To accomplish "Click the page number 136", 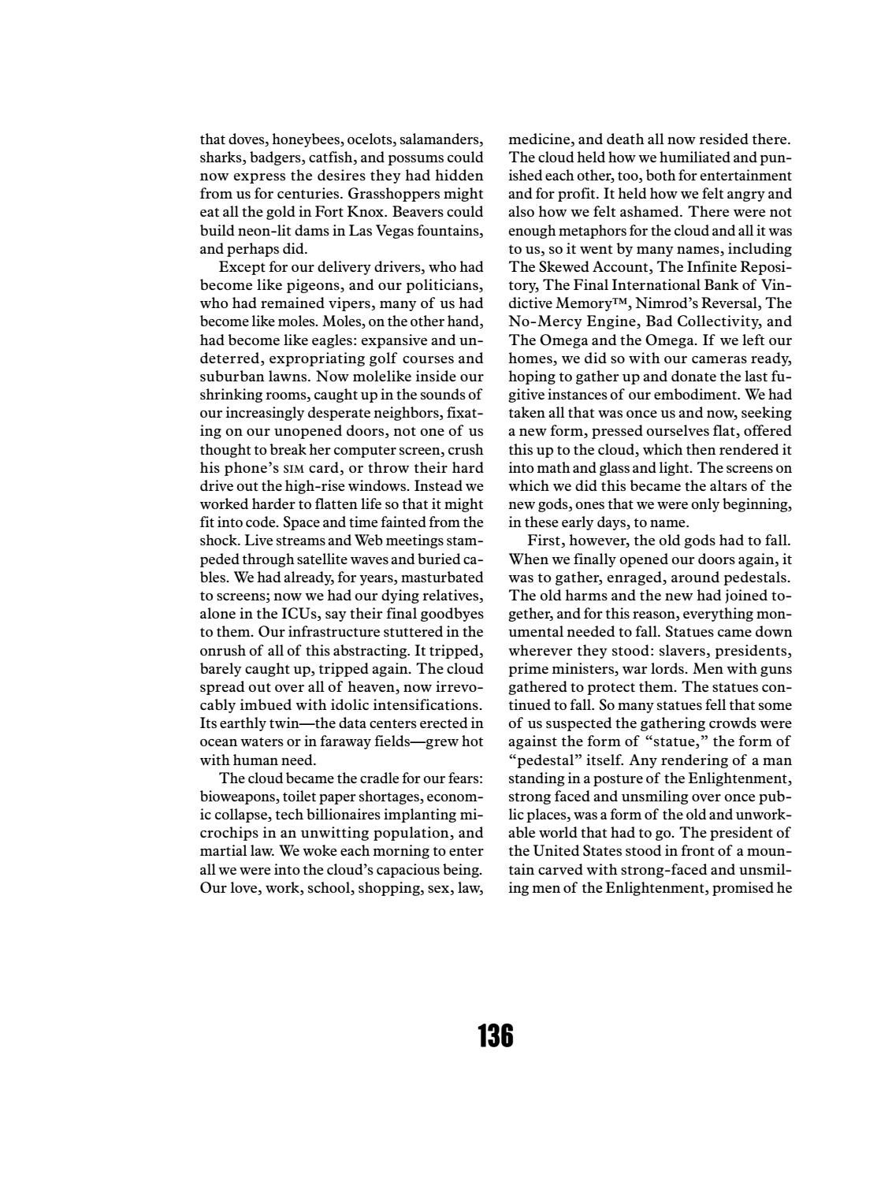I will tap(495, 1035).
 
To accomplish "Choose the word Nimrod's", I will tap(661, 303).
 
